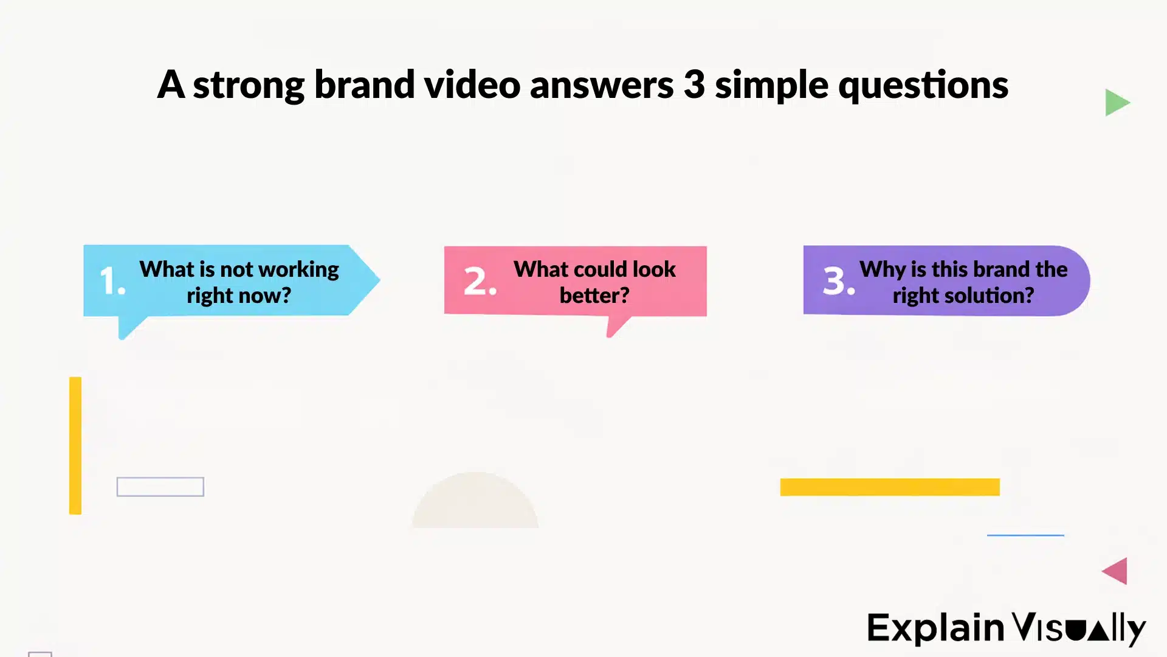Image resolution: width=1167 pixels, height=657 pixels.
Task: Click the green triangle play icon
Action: click(x=1115, y=102)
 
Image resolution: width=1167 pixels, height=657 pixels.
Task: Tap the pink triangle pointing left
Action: click(x=1117, y=571)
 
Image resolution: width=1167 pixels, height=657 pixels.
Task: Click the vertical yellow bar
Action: click(x=75, y=445)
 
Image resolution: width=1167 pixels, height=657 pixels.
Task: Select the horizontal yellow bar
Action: click(x=890, y=487)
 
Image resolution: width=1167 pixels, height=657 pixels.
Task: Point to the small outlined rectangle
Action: click(x=160, y=487)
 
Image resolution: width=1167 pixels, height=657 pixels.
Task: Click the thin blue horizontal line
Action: click(x=1025, y=535)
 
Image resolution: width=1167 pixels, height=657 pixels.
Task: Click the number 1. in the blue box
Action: click(x=112, y=281)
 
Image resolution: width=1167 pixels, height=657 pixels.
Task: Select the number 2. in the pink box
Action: click(x=480, y=281)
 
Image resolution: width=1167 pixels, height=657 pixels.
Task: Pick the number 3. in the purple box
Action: click(x=839, y=281)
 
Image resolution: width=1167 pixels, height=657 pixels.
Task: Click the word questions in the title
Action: click(x=923, y=85)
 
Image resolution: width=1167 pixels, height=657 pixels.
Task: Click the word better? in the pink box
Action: click(x=594, y=296)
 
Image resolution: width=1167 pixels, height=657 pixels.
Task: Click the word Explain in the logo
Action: click(x=935, y=628)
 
